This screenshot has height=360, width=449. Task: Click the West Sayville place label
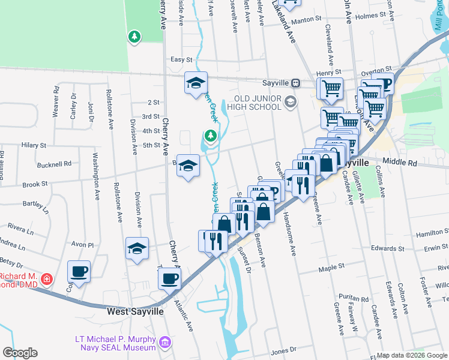click(133, 311)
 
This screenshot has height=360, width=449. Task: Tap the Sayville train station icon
click(295, 83)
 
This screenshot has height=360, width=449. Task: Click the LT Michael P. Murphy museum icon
click(166, 343)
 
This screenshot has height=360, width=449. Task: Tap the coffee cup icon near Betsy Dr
click(79, 271)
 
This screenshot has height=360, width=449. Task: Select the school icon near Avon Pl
click(137, 248)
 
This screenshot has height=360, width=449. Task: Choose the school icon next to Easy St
click(196, 83)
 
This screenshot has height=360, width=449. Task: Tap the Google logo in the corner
click(20, 353)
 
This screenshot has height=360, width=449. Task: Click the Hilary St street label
click(34, 145)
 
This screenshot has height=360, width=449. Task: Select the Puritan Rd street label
click(357, 298)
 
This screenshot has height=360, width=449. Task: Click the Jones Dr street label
click(285, 351)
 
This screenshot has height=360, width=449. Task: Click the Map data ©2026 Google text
click(411, 355)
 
